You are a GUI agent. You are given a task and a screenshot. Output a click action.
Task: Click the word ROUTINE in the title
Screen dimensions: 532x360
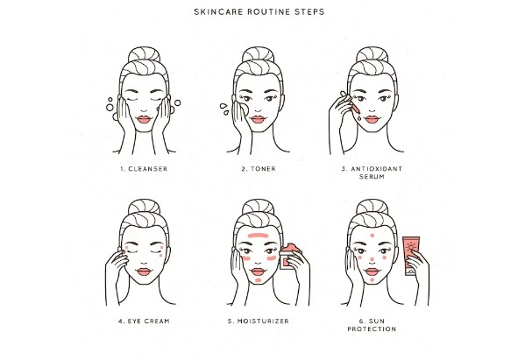pyautogui.click(x=268, y=12)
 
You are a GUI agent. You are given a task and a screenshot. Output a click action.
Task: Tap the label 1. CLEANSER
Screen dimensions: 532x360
pyautogui.click(x=144, y=169)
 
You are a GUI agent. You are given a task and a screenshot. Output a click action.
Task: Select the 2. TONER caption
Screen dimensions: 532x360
pyautogui.click(x=259, y=169)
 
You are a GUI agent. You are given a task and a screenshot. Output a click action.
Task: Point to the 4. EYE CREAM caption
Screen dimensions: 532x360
pyautogui.click(x=144, y=321)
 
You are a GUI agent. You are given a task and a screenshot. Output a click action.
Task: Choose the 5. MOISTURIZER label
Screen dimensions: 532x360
pyautogui.click(x=259, y=321)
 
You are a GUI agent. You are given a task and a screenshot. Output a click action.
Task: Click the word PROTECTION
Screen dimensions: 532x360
pyautogui.click(x=372, y=329)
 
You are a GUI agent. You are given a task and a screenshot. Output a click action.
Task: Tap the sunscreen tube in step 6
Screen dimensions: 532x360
pyautogui.click(x=411, y=255)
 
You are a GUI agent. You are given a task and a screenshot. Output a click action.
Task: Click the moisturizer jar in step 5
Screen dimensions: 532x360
pyautogui.click(x=290, y=256)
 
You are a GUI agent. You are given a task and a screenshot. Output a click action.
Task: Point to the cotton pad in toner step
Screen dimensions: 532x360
pyautogui.click(x=244, y=109)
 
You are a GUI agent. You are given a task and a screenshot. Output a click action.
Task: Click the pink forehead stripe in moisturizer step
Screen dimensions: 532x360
pyautogui.click(x=259, y=235)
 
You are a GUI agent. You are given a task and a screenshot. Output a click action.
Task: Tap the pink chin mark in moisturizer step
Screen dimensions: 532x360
pyautogui.click(x=259, y=280)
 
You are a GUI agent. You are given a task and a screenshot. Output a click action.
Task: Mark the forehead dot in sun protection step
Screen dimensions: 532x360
pyautogui.click(x=372, y=236)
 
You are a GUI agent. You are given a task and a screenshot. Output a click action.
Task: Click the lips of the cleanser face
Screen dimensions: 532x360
pyautogui.click(x=144, y=120)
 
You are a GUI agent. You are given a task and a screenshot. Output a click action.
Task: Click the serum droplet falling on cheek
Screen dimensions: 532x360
pyautogui.click(x=359, y=118)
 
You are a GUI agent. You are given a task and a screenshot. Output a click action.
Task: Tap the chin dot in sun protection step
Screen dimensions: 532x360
pyautogui.click(x=372, y=280)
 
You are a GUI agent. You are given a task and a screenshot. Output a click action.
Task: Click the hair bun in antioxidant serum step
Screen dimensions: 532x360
pyautogui.click(x=372, y=54)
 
